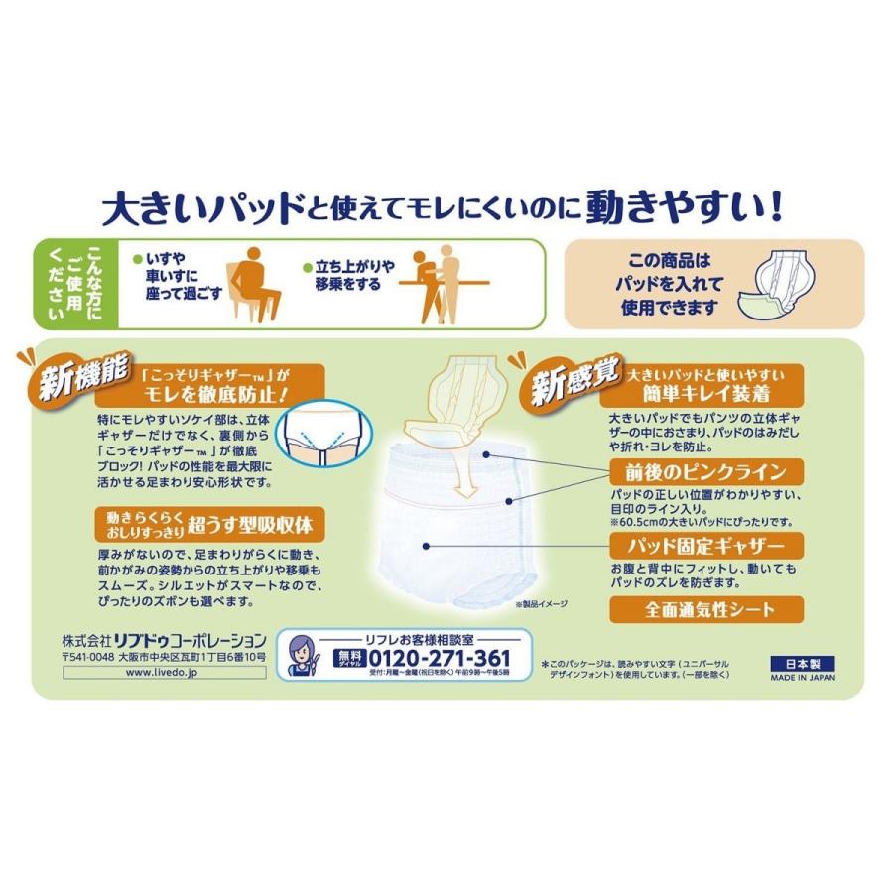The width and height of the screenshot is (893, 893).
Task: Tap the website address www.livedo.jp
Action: tap(164, 672)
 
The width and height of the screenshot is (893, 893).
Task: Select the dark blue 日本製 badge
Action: tap(803, 664)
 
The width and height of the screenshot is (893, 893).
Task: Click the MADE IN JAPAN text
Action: tap(803, 679)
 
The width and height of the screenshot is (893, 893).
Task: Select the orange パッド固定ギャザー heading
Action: tap(706, 544)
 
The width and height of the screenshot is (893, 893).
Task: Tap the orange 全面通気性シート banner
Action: tap(706, 608)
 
